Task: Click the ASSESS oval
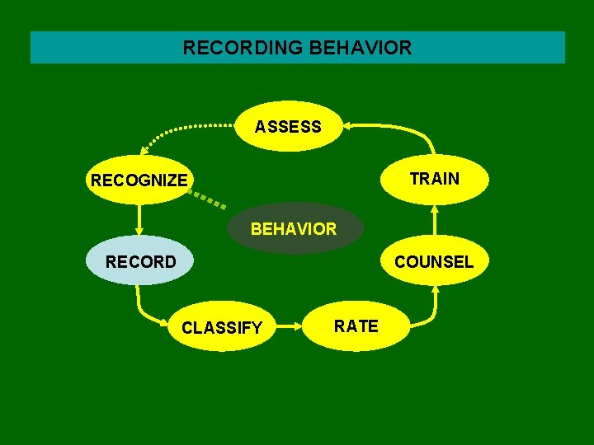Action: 288,126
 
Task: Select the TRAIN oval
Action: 435,179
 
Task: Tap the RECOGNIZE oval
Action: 139,180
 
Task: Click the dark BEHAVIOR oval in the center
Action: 294,228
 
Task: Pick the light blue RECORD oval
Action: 140,261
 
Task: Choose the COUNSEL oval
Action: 434,261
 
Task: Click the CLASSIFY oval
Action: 222,327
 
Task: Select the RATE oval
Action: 356,326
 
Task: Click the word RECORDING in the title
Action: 242,48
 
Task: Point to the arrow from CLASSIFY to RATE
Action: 289,326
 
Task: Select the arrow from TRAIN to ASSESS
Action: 404,130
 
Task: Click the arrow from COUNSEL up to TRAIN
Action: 435,221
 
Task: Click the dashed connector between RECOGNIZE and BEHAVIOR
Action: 206,196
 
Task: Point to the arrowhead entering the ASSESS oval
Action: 347,125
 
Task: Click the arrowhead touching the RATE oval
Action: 300,326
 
